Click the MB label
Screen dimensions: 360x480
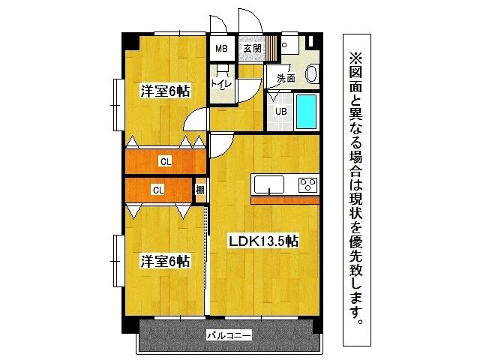[x=221, y=49]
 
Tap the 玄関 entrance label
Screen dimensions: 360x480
[x=252, y=49]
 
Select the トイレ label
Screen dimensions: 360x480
[x=220, y=84]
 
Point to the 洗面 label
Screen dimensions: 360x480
[x=286, y=78]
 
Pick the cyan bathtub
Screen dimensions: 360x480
[x=307, y=112]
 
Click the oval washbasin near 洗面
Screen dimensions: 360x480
[x=313, y=74]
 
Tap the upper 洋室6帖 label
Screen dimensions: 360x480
[x=166, y=91]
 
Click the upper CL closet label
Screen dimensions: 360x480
[x=163, y=160]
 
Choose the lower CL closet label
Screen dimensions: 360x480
[x=158, y=190]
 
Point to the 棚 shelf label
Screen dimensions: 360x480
[x=200, y=190]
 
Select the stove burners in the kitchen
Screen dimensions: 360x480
[x=308, y=184]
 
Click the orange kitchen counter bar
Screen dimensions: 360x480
[x=285, y=200]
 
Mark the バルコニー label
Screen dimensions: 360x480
[x=229, y=336]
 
